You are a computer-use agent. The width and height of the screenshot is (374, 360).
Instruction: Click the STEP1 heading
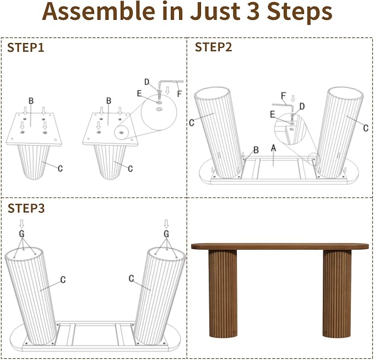26,47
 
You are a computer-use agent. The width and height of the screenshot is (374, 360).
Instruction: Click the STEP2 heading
213,47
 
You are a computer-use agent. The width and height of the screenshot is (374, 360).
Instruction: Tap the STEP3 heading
26,208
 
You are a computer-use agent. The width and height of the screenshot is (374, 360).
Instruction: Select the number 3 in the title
253,12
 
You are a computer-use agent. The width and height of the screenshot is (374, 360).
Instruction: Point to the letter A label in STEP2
274,148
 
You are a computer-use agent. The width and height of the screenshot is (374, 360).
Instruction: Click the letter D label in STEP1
147,82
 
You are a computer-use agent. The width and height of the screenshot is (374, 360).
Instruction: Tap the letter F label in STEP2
283,96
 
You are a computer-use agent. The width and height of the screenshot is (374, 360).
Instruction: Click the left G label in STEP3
21,234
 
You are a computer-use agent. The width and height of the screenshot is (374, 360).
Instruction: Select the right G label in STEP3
166,234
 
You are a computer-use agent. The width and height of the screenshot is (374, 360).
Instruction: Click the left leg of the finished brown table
223,294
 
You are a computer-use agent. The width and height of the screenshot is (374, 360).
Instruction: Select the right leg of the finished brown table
337,294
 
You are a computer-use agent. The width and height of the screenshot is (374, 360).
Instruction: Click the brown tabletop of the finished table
280,246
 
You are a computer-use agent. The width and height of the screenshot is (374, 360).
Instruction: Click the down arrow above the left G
21,224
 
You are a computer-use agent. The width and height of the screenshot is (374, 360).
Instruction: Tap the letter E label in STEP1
139,94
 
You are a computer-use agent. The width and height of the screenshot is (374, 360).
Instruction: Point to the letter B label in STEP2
256,150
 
